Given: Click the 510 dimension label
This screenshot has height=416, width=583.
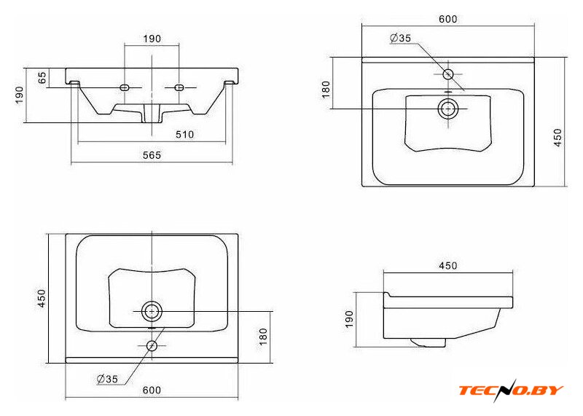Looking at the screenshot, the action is [185, 134].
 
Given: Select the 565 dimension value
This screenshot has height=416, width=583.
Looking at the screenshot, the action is [152, 155].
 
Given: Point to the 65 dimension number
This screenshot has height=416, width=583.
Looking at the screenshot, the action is [43, 77].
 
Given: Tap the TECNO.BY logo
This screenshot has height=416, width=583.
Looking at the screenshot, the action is [512, 391].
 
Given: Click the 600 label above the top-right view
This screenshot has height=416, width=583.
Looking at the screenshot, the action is [448, 19].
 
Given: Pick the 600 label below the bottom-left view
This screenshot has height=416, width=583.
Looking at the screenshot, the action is [152, 390].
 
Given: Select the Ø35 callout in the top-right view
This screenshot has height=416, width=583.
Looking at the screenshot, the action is [400, 38].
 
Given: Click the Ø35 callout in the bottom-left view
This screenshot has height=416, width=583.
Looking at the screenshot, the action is [107, 379].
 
